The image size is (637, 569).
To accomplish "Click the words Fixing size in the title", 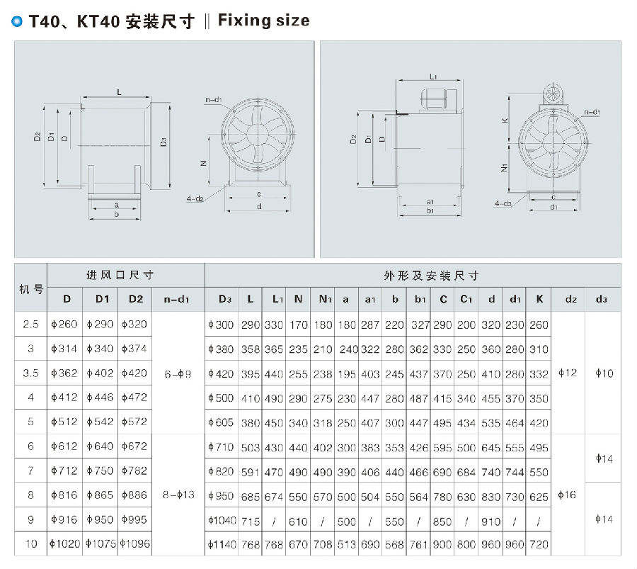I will tap(263, 21).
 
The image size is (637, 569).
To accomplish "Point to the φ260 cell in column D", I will tap(65, 325).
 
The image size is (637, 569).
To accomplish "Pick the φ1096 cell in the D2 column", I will tap(134, 543).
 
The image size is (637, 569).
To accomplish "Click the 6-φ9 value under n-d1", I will tap(178, 373).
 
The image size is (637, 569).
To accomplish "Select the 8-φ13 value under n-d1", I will tap(178, 495).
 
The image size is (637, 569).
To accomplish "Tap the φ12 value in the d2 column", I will tap(568, 373).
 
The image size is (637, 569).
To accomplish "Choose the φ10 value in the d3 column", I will tap(604, 373).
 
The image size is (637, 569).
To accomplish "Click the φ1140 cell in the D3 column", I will tap(222, 544).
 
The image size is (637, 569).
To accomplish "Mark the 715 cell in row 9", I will tap(250, 520).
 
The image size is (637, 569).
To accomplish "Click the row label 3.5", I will tap(30, 373).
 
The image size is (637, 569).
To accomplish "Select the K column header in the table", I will tap(539, 299).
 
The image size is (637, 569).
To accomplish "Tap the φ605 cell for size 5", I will tap(222, 422).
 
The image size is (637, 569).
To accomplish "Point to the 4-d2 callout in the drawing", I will tap(196, 198).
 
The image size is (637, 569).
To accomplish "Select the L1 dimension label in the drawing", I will tap(432, 76).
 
